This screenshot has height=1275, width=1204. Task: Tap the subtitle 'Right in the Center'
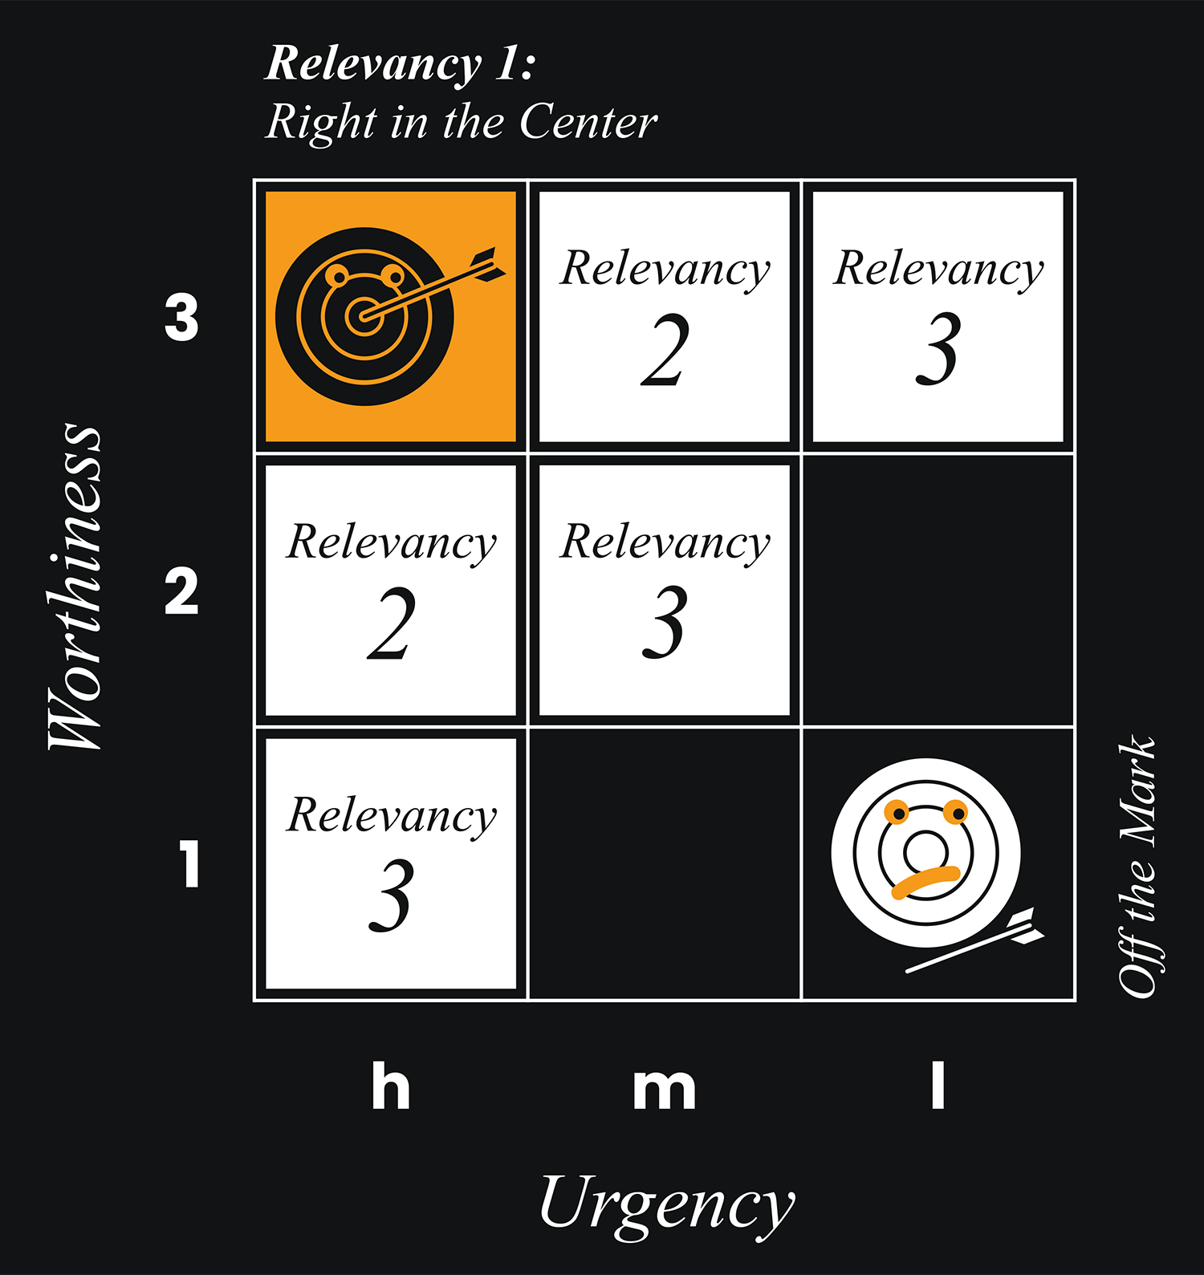(461, 123)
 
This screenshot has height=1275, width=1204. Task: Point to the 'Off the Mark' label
(1137, 867)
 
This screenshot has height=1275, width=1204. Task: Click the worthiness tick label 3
(181, 318)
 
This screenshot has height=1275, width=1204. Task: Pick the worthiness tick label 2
(181, 592)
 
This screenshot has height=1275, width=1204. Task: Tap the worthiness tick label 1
(189, 865)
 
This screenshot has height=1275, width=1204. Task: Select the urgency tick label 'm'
(664, 1089)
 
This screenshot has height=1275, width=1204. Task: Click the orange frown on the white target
(925, 881)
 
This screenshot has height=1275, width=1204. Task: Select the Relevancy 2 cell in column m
(665, 316)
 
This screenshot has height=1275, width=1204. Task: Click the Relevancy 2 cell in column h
(391, 591)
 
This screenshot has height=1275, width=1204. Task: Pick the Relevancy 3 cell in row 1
(391, 863)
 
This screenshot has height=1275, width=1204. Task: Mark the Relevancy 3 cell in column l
(938, 316)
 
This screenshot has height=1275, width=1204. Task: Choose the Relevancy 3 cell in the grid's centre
(665, 591)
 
